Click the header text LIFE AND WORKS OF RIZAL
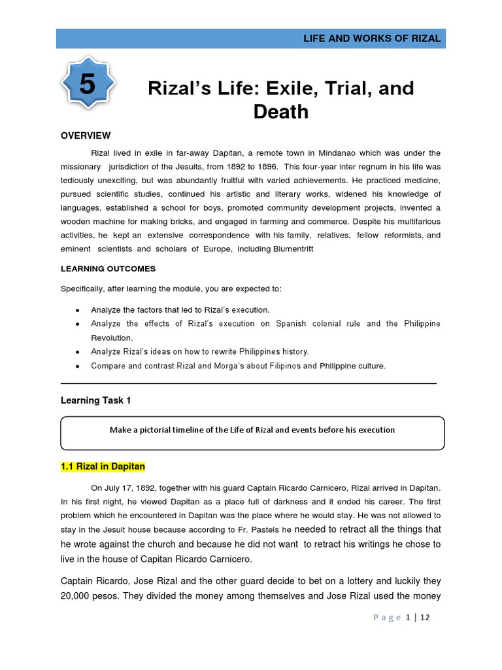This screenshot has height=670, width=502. coord(372,39)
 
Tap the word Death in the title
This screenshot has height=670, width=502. coord(281,111)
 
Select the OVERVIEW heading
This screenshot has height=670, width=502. coord(86,135)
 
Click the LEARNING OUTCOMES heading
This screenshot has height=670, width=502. coord(108,269)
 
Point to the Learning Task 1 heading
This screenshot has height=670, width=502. coord(96,400)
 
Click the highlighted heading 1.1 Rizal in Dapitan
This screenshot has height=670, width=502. coord(103,467)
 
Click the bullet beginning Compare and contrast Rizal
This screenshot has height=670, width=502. coord(238,366)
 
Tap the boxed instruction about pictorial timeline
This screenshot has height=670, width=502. coord(252,430)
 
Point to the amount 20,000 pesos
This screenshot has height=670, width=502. coord(92,597)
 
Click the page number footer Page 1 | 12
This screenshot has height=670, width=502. coord(401,618)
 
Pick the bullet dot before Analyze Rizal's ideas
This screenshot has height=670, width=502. coord(78,352)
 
